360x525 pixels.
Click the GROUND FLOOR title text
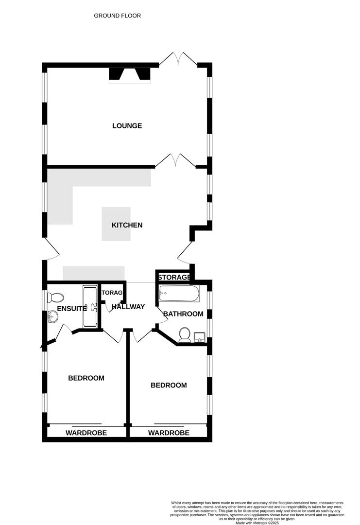(117, 16)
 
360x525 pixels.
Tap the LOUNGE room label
(127, 126)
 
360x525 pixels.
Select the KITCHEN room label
(127, 225)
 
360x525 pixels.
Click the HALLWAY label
(128, 307)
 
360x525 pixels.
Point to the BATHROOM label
(183, 314)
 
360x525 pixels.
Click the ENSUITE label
(71, 308)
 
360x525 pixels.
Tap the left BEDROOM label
(86, 378)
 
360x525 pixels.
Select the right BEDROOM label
(169, 385)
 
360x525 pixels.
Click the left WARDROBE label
(86, 433)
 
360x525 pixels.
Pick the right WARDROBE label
(169, 433)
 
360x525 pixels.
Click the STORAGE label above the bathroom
(174, 277)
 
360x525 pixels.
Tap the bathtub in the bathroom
(179, 293)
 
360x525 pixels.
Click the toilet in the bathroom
(184, 335)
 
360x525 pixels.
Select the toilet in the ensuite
(55, 297)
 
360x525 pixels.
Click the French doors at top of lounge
(178, 60)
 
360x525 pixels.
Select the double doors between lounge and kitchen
(175, 160)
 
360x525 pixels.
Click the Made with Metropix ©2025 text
(257, 523)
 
